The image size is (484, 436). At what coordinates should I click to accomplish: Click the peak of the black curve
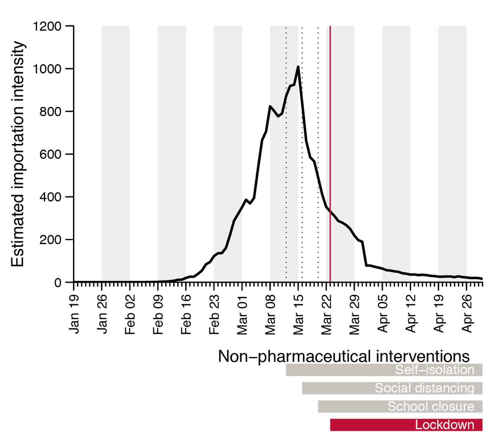(x=298, y=67)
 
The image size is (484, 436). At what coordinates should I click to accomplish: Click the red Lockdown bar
(x=406, y=425)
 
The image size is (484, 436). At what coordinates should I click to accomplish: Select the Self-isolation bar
(x=384, y=370)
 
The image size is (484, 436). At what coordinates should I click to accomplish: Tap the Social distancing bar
(x=392, y=388)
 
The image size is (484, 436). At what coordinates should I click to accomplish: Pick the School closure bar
(x=400, y=407)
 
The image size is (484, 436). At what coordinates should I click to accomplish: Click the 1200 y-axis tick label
(x=47, y=27)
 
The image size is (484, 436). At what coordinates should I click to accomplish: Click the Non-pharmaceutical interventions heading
(x=344, y=357)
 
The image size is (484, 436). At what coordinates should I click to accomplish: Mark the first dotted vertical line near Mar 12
(x=286, y=153)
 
